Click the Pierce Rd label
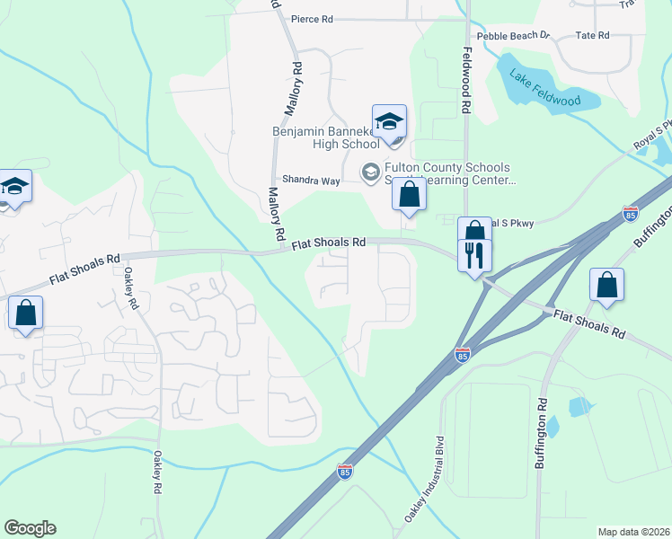pyautogui.click(x=314, y=19)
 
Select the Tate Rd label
pyautogui.click(x=592, y=35)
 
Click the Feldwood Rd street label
pyautogui.click(x=466, y=80)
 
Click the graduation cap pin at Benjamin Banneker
pyautogui.click(x=390, y=121)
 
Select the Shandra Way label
pyautogui.click(x=311, y=181)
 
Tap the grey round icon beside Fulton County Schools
pyautogui.click(x=369, y=171)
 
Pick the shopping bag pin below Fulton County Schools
pyautogui.click(x=409, y=194)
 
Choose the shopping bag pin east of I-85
pyautogui.click(x=606, y=284)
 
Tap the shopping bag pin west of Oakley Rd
pyautogui.click(x=25, y=314)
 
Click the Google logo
pyautogui.click(x=30, y=528)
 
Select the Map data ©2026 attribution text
pyautogui.click(x=633, y=532)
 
